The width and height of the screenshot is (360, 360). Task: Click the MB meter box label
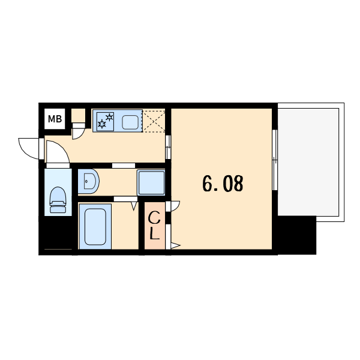coord(55,119)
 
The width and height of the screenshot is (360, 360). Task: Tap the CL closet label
coord(154,226)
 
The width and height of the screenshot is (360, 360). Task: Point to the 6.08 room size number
coord(223,184)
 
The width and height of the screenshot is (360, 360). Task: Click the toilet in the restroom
coord(58,200)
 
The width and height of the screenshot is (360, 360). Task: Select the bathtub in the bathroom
coord(95,226)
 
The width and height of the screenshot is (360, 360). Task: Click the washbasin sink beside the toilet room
coord(89,181)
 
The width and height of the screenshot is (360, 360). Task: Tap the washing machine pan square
coord(151,182)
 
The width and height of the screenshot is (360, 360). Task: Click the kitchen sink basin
coord(130,122)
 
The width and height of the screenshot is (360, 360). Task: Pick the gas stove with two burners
coord(106,121)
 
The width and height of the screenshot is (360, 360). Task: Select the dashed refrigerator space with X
coord(154,121)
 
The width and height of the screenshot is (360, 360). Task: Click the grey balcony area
coord(308,162)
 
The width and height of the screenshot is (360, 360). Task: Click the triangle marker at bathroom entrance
coord(134,206)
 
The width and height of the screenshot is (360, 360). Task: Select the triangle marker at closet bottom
coord(175,245)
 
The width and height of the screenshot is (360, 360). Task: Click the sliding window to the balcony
coord(275,160)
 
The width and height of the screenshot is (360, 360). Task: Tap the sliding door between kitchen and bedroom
coord(168,147)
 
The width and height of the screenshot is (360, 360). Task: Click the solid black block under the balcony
coord(297,235)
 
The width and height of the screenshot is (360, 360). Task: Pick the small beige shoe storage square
coord(78,115)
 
